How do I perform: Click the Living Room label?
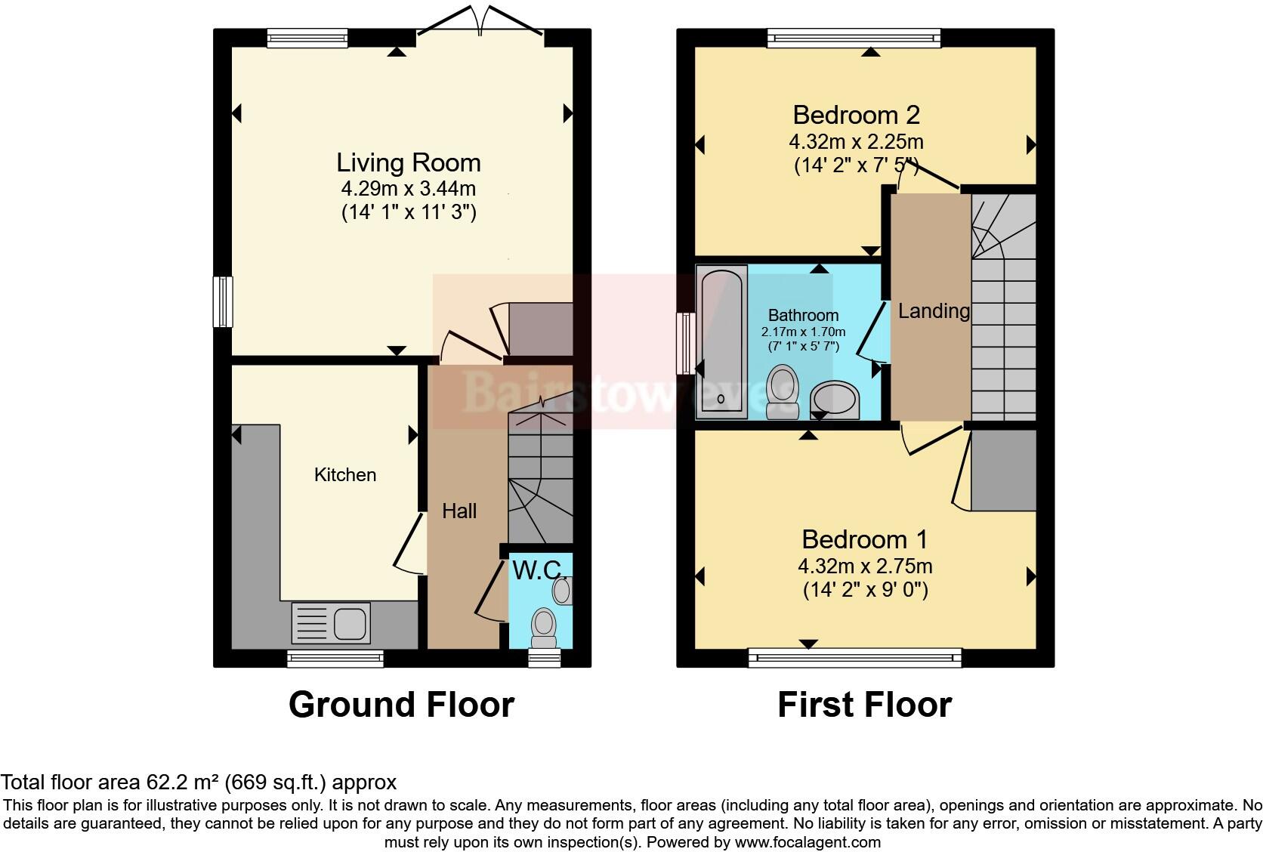(408, 162)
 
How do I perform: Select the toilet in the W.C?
(544, 626)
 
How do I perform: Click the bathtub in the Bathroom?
(721, 341)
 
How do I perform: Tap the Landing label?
(934, 310)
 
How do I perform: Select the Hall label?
(459, 511)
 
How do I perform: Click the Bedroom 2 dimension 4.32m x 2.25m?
(856, 142)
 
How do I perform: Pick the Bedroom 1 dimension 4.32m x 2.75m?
(865, 566)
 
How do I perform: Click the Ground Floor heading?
(401, 705)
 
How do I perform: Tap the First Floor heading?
(864, 705)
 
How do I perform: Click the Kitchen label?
(345, 475)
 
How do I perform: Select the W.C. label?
(539, 570)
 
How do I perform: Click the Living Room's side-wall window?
(223, 302)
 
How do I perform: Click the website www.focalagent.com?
(807, 841)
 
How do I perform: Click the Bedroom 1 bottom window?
(855, 657)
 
